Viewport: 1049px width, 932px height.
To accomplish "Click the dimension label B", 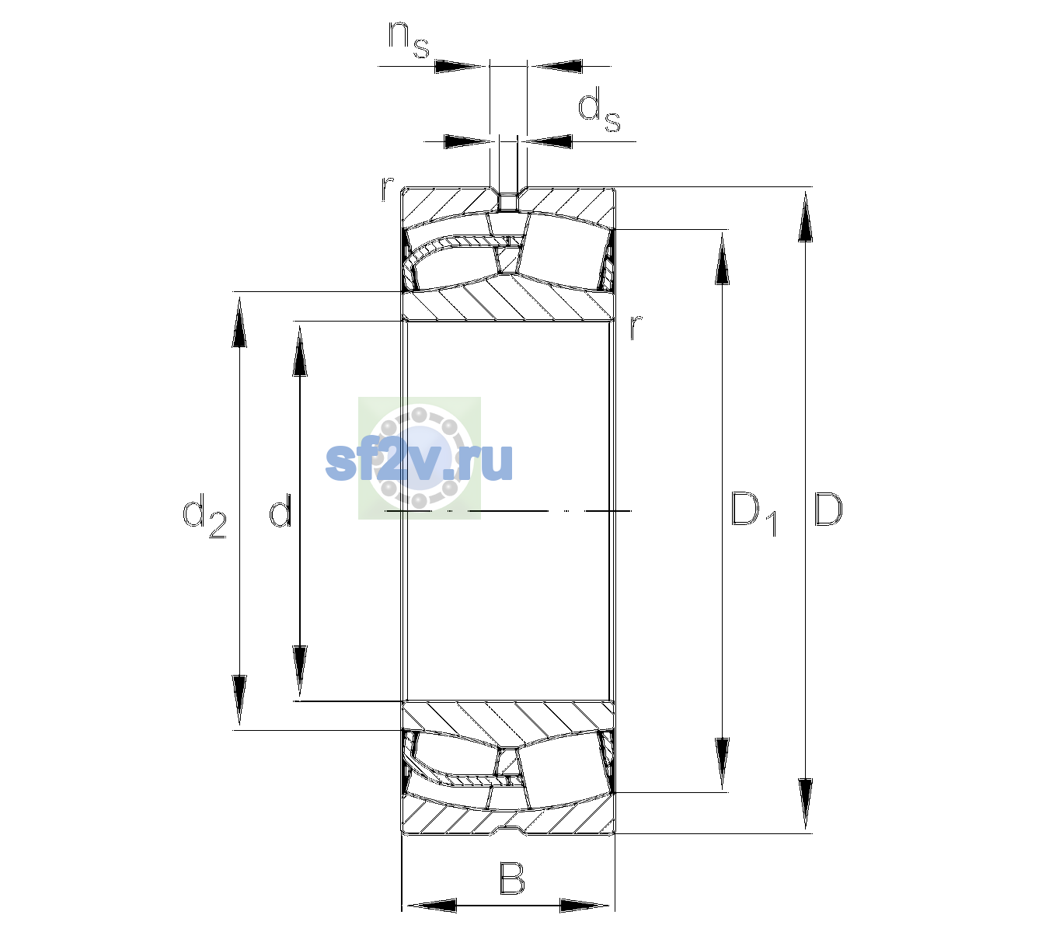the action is (511, 878).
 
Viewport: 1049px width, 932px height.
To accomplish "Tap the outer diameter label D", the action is (828, 509).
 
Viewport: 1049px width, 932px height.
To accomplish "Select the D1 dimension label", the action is (754, 513).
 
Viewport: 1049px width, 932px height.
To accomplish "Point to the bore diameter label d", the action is (280, 510).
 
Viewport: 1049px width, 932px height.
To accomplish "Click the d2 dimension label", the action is (204, 515).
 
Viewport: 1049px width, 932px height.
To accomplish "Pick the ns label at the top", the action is (409, 40).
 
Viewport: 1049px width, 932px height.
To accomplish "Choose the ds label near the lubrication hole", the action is (598, 110).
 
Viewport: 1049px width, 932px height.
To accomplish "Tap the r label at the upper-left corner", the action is (387, 189).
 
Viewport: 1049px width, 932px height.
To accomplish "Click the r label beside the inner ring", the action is (636, 326).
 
